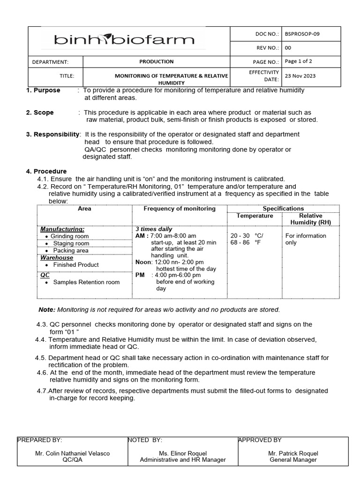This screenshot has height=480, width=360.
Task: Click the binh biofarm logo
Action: point(124,40)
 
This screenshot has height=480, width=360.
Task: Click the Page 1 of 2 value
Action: point(298,61)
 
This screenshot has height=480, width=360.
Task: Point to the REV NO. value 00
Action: point(288,48)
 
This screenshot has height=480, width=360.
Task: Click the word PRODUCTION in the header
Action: point(156,61)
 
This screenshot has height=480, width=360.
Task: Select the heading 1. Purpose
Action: point(43,90)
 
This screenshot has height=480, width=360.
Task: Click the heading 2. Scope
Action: point(40,112)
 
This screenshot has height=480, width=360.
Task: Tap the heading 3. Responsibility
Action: point(52,135)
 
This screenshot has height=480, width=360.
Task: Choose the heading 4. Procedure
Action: point(46,171)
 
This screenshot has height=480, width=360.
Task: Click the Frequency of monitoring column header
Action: point(180,209)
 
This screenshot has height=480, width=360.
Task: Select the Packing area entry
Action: point(70,250)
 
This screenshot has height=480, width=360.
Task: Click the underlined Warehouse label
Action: point(57,257)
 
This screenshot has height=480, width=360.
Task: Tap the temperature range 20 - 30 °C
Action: point(247,236)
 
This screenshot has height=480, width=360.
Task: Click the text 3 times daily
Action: point(154,229)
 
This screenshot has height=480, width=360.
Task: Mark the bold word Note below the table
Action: point(46,309)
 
